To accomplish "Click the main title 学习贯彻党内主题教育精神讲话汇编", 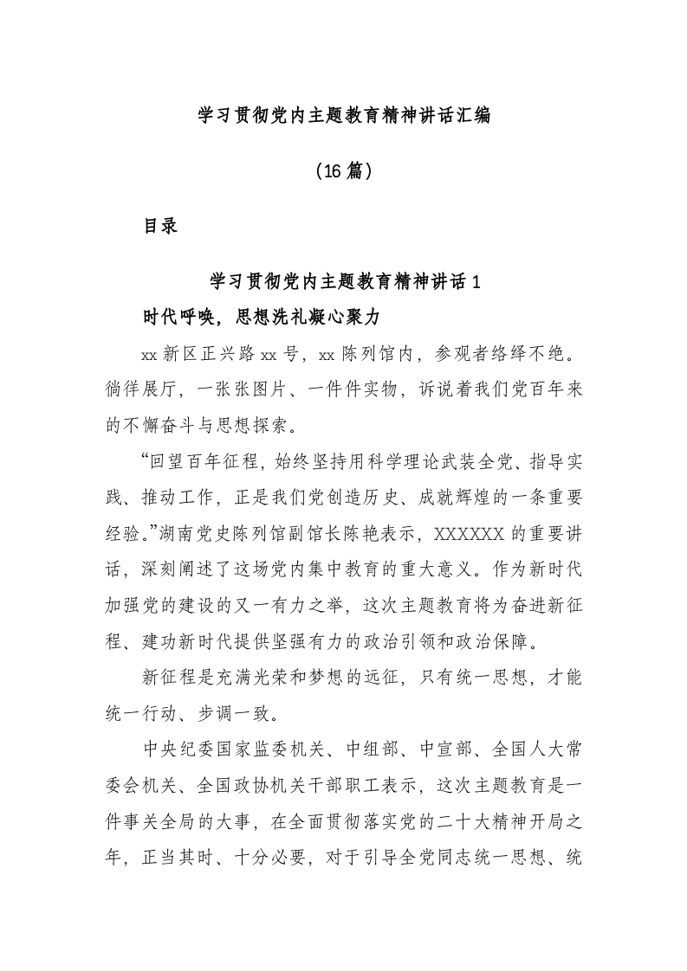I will (x=344, y=114).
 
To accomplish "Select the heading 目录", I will (x=160, y=226).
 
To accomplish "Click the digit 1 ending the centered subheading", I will (x=473, y=281).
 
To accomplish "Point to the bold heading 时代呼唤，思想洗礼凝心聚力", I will (x=262, y=318).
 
